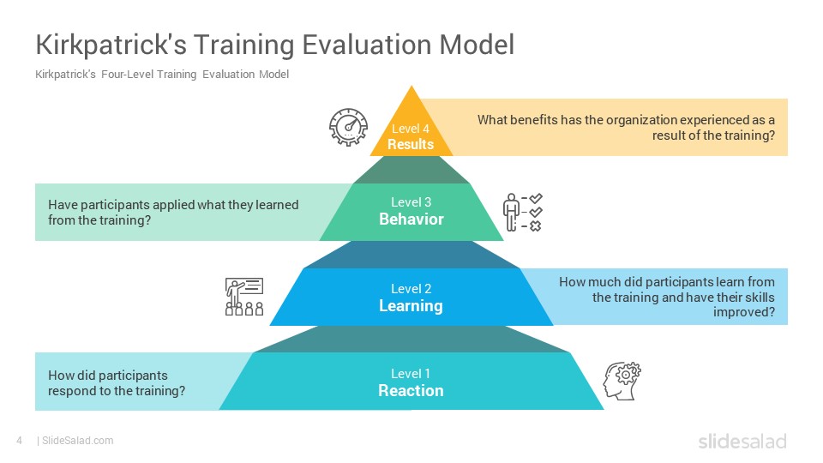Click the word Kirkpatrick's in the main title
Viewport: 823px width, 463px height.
click(x=111, y=45)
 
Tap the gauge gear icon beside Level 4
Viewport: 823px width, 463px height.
click(x=348, y=127)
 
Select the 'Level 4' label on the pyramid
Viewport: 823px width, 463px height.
click(x=411, y=129)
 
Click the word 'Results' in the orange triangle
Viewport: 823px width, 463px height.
click(x=411, y=144)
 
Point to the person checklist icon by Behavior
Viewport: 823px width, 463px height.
click(x=522, y=212)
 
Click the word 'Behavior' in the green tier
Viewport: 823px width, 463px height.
click(x=411, y=219)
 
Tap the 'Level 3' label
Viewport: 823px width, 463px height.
click(x=411, y=202)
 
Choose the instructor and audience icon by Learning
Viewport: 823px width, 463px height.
click(x=244, y=297)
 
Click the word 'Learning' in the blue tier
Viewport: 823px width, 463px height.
click(x=411, y=306)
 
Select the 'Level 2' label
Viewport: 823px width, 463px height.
click(x=411, y=289)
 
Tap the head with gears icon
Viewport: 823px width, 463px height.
click(x=622, y=381)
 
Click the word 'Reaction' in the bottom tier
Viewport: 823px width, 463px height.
click(x=411, y=391)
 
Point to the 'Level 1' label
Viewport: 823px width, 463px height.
click(x=411, y=374)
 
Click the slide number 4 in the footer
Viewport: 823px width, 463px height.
click(x=20, y=441)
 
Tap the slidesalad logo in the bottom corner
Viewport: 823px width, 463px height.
click(x=742, y=442)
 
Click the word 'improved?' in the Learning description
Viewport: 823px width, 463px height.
click(x=744, y=312)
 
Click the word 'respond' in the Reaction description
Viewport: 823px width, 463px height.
click(x=69, y=392)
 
